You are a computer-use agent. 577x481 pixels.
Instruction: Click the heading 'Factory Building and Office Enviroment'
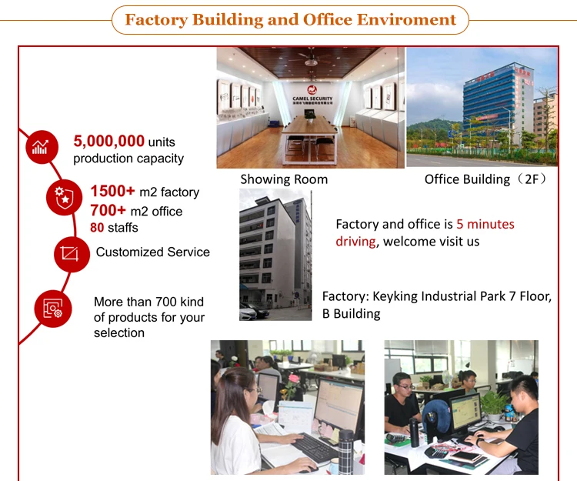coord(291,19)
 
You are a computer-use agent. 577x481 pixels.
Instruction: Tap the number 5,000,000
coord(109,141)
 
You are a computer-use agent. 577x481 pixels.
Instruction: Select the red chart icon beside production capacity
coord(39,148)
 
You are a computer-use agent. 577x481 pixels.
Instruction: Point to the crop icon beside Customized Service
coord(71,254)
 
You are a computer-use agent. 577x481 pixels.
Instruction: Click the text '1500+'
coord(113,192)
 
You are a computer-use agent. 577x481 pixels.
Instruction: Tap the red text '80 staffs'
coord(108,227)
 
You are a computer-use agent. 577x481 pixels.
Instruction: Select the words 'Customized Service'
coord(152,252)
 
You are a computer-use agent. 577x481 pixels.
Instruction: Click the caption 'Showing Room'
coord(284,179)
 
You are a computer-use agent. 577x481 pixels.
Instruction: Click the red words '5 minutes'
coord(485,225)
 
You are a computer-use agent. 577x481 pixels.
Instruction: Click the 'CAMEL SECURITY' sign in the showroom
coord(312,99)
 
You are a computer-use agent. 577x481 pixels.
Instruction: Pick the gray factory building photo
coord(275,254)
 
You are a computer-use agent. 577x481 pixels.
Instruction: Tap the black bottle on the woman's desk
coord(346,454)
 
